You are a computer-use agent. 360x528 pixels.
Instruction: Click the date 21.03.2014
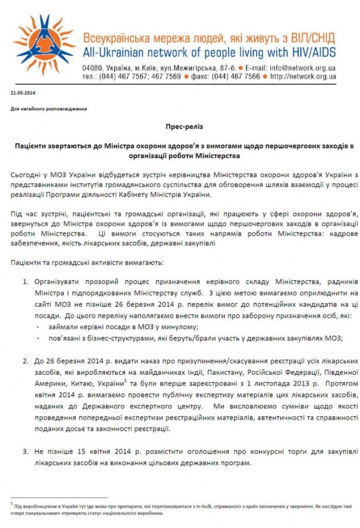click(x=22, y=93)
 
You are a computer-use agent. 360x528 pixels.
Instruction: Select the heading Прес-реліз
click(x=179, y=126)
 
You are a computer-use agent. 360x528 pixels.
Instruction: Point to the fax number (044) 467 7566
click(x=235, y=76)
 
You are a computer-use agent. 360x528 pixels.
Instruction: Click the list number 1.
click(x=26, y=282)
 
